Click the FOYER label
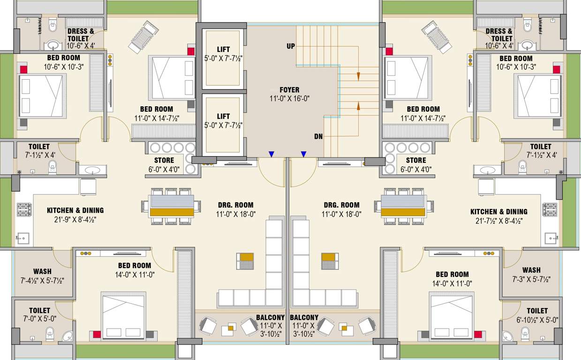tap(289, 90)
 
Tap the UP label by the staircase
tap(291, 46)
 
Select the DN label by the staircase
tap(318, 137)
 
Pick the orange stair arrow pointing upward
tap(358, 105)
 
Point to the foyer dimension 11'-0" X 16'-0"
tap(289, 98)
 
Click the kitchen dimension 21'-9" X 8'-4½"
tap(75, 219)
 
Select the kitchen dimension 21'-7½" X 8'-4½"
tap(498, 220)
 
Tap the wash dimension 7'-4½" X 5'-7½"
tap(42, 280)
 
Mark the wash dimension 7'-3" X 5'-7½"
tap(531, 279)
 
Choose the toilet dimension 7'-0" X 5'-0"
tap(39, 319)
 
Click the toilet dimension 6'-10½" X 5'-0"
tap(536, 320)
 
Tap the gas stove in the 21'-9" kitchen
tap(24, 209)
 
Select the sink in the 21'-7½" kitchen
tap(551, 238)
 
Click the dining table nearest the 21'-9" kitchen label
tap(172, 208)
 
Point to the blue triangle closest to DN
tap(303, 154)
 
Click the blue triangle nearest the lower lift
tap(271, 154)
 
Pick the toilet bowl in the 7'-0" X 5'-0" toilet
tap(50, 334)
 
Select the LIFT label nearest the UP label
tap(223, 49)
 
